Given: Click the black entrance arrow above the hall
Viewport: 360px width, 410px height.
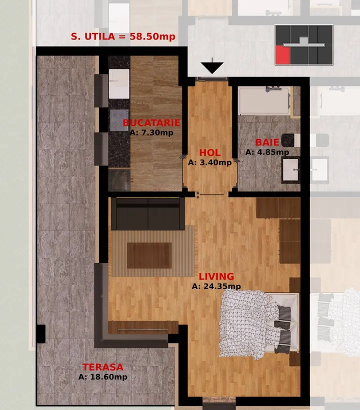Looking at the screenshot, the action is (x=212, y=67).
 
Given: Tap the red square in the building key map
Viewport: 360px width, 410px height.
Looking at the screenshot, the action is (x=283, y=55).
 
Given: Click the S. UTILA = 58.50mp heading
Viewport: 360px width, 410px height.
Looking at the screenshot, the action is (x=123, y=36).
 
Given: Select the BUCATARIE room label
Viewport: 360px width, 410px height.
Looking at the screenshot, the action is (x=151, y=122).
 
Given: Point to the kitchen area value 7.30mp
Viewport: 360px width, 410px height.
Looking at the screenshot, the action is (x=157, y=132).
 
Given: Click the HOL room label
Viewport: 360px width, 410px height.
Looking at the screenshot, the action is (x=209, y=152).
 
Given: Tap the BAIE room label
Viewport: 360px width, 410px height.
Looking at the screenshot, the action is (x=267, y=142).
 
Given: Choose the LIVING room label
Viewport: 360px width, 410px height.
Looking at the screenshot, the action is (x=216, y=276).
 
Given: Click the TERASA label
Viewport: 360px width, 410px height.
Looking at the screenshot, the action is (x=102, y=367).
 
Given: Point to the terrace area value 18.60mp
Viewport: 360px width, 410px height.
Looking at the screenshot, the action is (x=109, y=377).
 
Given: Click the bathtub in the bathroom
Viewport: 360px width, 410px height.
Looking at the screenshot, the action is (x=264, y=100).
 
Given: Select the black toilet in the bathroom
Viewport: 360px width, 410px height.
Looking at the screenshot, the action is (x=290, y=140).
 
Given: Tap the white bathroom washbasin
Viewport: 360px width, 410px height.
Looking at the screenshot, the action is (x=290, y=169).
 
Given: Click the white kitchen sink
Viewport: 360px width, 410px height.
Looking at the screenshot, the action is (x=119, y=83).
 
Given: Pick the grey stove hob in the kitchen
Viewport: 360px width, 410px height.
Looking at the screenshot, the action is (x=119, y=120).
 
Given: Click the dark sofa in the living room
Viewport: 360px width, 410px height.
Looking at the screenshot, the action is (x=148, y=214).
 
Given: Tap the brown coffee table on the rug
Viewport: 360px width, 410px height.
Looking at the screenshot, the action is (x=149, y=255).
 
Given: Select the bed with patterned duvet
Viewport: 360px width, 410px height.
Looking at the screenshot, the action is (x=259, y=323).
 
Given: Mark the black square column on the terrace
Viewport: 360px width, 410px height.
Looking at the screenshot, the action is (x=40, y=334).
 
